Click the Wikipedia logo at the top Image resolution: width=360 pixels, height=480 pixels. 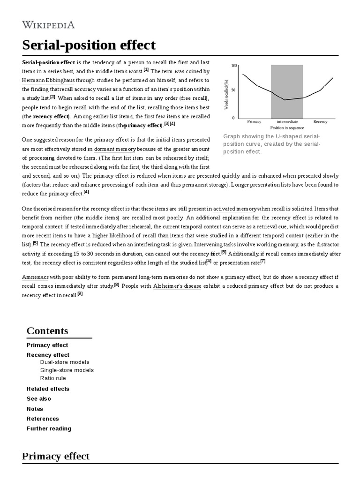pos(48,25)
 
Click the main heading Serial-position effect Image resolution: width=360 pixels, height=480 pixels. pos(89,45)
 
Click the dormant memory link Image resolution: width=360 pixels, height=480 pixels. pos(115,149)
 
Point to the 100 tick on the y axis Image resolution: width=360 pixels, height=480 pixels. pos(234,66)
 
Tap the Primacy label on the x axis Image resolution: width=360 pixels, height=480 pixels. pos(254,121)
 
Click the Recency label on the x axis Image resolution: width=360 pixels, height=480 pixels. pos(320,121)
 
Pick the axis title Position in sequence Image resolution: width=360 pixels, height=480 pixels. pos(287,127)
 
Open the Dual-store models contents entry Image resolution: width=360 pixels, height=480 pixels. pos(64,362)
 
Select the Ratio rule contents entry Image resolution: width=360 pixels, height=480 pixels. pos(53,378)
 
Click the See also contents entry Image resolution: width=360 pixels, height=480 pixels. pos(39,398)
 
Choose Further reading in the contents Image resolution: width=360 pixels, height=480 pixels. pos(49,428)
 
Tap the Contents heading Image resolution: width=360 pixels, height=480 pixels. pos(47,330)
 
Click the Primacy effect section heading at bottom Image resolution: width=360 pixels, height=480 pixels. pos(56,456)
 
